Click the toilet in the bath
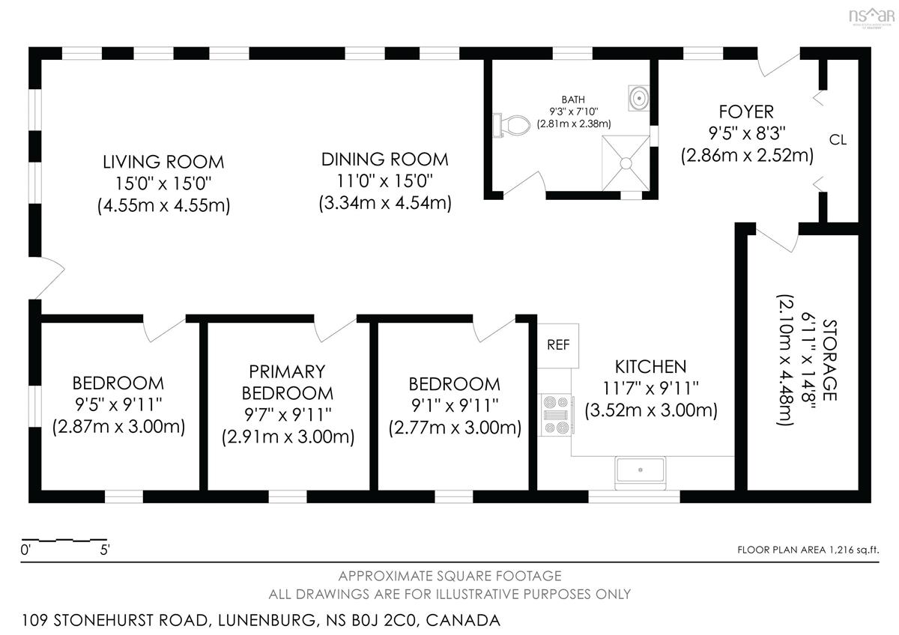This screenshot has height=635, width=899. pos(511,125)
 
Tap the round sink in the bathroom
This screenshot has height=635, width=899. pos(638,98)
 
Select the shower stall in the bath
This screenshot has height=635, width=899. pos(626,163)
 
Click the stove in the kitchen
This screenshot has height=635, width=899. pos(556,415)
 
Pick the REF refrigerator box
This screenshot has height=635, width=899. pos(558,345)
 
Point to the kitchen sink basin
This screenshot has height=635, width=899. pos(640,470)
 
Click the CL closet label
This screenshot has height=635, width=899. pos(838,140)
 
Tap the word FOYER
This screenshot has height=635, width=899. pos(746,112)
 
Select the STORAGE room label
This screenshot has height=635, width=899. pos(829,360)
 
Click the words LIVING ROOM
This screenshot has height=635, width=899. pos(163,162)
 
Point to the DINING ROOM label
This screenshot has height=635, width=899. pos(384,159)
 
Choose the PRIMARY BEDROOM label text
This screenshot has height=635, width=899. pos(288,383)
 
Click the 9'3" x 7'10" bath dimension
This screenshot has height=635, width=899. pos(574,111)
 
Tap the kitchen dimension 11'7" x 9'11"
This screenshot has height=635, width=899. pos(650,388)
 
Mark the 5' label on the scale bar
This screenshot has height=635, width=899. pos(105,550)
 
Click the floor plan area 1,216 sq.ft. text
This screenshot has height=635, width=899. pos(808,550)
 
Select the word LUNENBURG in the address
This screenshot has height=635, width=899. pos(267,620)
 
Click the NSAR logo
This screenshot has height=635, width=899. pos(871,17)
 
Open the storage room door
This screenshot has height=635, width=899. pos(775,240)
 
